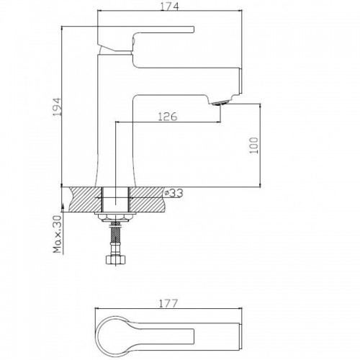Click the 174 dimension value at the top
point(170,6)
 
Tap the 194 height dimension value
point(57,107)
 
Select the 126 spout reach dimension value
point(168,117)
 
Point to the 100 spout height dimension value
point(253,145)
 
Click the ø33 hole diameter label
point(174,193)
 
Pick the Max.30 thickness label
point(58,235)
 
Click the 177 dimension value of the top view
point(168,303)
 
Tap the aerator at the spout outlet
point(220,103)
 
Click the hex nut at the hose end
point(116,260)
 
